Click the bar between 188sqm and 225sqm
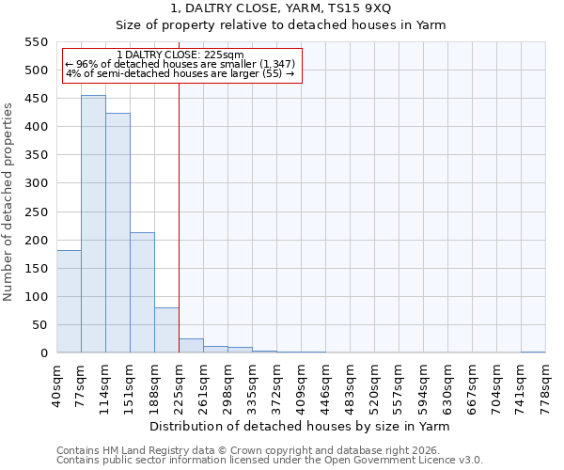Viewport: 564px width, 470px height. tap(166, 330)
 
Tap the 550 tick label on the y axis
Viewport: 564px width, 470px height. tap(36, 42)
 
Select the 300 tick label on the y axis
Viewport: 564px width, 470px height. tap(36, 183)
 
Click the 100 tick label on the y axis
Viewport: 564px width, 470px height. tap(36, 297)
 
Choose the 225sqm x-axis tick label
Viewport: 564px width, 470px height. tap(179, 384)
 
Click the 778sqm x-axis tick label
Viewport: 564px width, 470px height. tap(545, 384)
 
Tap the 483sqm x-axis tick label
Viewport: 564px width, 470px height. tap(350, 384)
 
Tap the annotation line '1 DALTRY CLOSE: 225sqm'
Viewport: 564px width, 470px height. tap(180, 55)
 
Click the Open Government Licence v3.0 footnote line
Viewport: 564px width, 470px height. tap(270, 460)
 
